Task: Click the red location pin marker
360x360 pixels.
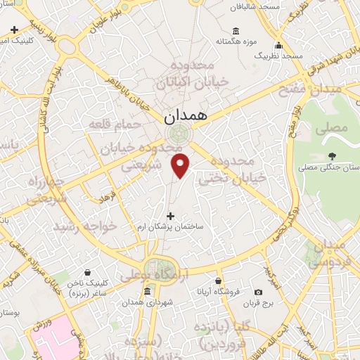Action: click(181, 165)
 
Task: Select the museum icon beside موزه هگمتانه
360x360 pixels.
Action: click(236, 32)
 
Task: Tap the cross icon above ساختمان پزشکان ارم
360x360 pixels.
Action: click(169, 216)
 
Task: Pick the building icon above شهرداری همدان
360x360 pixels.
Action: click(148, 292)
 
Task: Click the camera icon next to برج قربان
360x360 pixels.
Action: click(258, 292)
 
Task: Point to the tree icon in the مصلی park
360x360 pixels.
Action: click(332, 156)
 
